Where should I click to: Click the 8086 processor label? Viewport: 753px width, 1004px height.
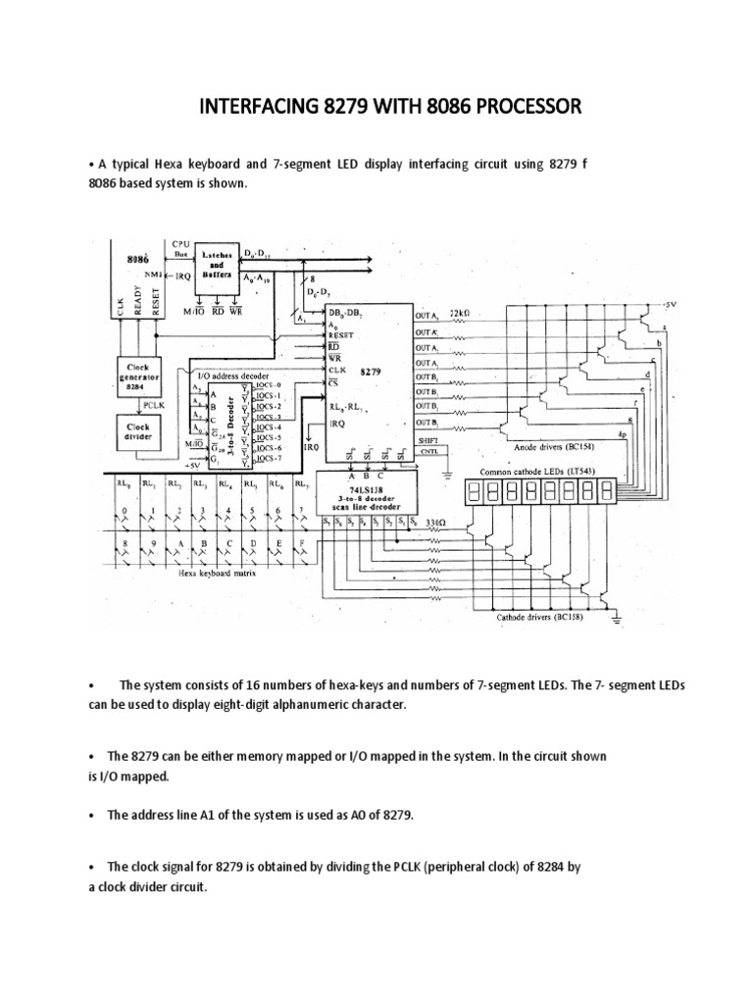138,262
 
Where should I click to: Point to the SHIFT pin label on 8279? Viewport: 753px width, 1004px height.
428,442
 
